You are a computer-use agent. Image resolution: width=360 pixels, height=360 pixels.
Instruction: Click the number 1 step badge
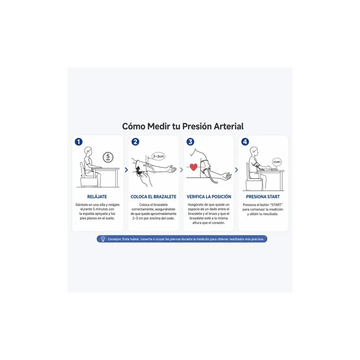pyautogui.click(x=78, y=142)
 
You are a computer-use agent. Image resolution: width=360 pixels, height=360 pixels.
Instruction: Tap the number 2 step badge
pyautogui.click(x=135, y=142)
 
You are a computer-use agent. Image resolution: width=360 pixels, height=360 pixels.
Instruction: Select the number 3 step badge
pyautogui.click(x=190, y=142)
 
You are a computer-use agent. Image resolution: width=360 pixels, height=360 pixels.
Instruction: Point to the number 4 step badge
pyautogui.click(x=245, y=142)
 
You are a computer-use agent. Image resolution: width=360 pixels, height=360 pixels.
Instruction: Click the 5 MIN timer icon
pyautogui.click(x=108, y=157)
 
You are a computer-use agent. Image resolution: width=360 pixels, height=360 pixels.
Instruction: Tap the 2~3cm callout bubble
pyautogui.click(x=159, y=156)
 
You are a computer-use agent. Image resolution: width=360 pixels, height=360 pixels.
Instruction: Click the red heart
pyautogui.click(x=193, y=167)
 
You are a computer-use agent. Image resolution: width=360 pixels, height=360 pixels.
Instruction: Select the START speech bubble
pyautogui.click(x=277, y=162)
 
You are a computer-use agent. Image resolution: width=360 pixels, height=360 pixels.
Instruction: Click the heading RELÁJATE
pyautogui.click(x=97, y=197)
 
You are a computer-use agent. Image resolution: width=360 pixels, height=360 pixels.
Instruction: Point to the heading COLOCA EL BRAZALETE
pyautogui.click(x=153, y=197)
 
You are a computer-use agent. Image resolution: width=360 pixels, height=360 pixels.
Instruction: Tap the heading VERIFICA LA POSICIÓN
pyautogui.click(x=209, y=197)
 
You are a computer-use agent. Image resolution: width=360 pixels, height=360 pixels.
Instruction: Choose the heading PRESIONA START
pyautogui.click(x=263, y=197)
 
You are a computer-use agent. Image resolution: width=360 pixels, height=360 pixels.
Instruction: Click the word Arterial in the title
pyautogui.click(x=229, y=126)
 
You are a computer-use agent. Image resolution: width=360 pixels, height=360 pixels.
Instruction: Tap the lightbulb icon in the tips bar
pyautogui.click(x=103, y=239)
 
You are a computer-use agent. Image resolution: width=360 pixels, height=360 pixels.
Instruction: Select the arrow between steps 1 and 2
pyautogui.click(x=126, y=170)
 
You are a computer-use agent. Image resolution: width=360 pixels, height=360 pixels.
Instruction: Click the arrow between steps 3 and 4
pyautogui.click(x=237, y=170)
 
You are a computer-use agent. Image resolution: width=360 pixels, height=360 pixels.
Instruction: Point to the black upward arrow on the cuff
pyautogui.click(x=139, y=171)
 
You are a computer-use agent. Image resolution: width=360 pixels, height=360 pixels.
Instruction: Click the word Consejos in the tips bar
pyautogui.click(x=114, y=239)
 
